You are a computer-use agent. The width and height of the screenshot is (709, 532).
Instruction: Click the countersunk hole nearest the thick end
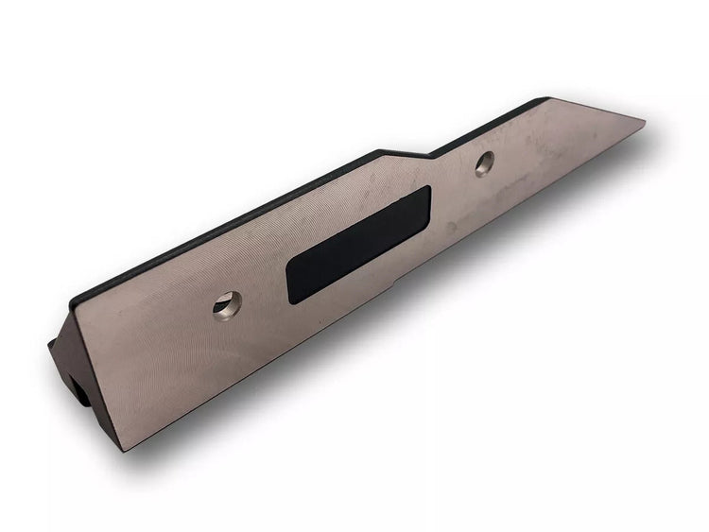coord(227,304)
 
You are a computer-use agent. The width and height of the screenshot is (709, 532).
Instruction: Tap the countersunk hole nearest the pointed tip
coord(486,162)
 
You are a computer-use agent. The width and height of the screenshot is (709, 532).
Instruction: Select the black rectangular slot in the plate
coord(358,244)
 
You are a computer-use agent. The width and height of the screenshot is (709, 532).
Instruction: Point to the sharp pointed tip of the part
coord(644,122)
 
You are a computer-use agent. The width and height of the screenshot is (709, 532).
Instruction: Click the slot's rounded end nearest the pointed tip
coord(423,203)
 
